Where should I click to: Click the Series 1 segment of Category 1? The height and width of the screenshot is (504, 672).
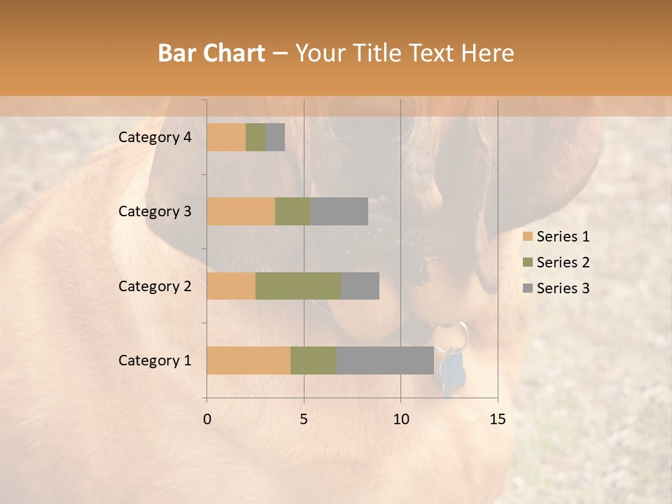coord(248,360)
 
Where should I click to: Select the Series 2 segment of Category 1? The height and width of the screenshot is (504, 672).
coord(314,360)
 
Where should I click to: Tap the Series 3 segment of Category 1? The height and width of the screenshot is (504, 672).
coord(385,360)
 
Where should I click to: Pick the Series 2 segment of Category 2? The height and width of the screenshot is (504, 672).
coord(298,286)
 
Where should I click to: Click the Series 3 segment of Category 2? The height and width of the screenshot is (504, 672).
coord(360,286)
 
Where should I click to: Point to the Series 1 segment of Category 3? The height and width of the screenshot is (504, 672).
coord(241,211)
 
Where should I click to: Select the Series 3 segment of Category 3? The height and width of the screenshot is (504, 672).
coord(339,211)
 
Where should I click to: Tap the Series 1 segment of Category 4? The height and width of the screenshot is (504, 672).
coord(226,137)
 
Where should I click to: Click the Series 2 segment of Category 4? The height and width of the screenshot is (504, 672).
coord(255,137)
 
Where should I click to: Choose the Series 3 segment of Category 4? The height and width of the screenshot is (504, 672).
coord(275,137)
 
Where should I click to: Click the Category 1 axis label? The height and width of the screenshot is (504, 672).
coord(155,360)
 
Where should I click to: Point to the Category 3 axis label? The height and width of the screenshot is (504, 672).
coord(155,211)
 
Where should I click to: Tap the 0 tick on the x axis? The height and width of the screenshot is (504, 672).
coord(207,419)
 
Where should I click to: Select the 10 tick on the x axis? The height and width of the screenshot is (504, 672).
coord(400,419)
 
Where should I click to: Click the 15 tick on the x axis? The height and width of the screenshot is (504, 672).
coord(497,419)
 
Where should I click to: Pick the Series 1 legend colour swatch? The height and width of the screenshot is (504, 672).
coord(527,237)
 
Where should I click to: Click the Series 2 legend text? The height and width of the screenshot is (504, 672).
coord(563,262)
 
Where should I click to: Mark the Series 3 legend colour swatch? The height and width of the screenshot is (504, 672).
coord(527,288)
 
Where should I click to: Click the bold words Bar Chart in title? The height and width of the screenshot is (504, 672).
coord(211,53)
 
